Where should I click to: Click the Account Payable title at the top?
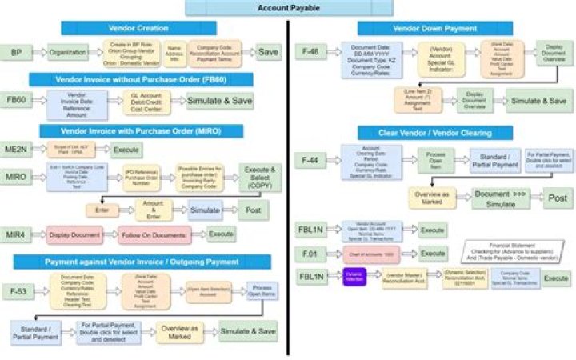click(289, 8)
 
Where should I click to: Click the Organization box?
click(68, 53)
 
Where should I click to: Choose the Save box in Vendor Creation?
click(268, 53)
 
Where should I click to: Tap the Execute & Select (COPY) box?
click(259, 177)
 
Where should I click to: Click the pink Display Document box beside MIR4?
click(76, 235)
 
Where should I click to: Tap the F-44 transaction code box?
click(309, 161)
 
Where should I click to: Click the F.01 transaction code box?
click(309, 253)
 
